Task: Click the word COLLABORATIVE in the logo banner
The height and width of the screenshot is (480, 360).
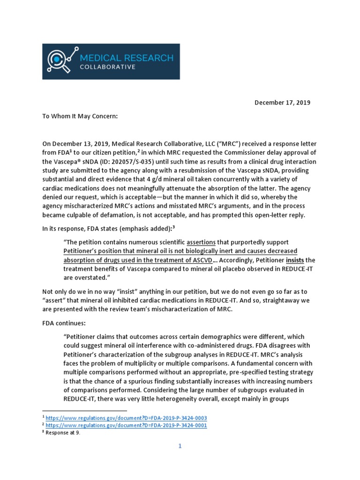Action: pyautogui.click(x=108, y=67)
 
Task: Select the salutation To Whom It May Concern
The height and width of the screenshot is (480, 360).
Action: pyautogui.click(x=83, y=117)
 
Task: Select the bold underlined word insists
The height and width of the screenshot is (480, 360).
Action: pyautogui.click(x=295, y=260)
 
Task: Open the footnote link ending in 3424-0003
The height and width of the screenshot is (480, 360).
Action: pyautogui.click(x=126, y=418)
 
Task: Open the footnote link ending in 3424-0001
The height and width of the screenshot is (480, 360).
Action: pyautogui.click(x=126, y=425)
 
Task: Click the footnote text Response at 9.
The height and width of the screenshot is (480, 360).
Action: pyautogui.click(x=63, y=433)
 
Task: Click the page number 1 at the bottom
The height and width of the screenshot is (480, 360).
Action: pyautogui.click(x=180, y=446)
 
